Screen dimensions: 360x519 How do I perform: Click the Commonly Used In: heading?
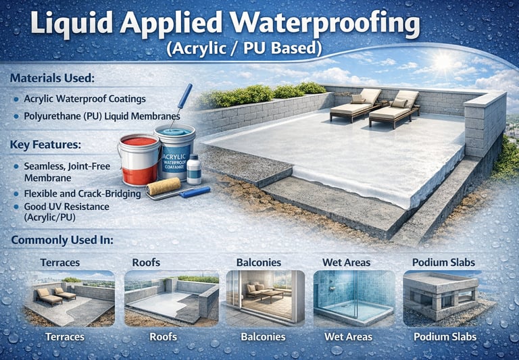tap(62, 240)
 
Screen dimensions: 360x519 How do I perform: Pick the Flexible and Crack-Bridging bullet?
tap(82, 194)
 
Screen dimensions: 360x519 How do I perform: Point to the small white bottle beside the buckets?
tap(194, 170)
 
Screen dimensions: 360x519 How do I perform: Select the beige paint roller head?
tap(164, 186)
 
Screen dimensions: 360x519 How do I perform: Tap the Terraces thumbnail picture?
tap(69, 298)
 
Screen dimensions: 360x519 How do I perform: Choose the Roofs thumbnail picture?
tap(172, 298)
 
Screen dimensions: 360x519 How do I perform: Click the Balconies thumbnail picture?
tap(264, 298)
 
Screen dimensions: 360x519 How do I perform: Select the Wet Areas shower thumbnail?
tap(354, 298)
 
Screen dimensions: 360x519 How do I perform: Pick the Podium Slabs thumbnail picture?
tap(444, 298)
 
